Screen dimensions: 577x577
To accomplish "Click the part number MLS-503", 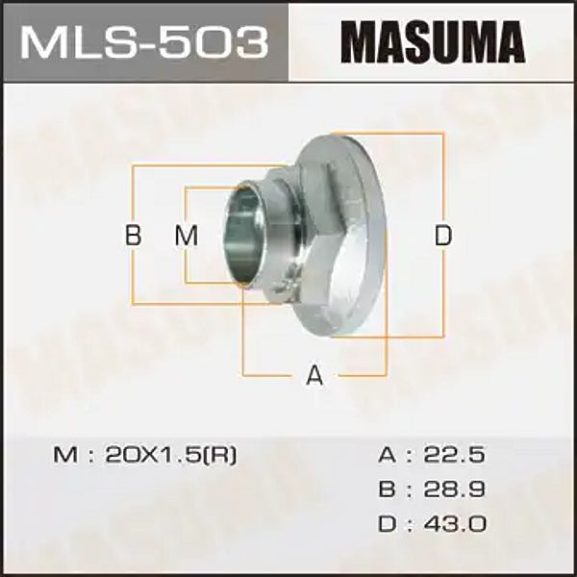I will coord(143,43).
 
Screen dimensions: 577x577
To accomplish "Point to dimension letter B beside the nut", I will coord(134,236).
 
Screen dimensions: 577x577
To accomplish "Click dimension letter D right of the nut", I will coord(442,236).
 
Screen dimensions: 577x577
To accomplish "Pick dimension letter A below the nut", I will coord(314,375).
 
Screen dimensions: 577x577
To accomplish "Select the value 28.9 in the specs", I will coord(460,489).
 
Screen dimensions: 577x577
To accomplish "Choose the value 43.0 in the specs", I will coord(460,524).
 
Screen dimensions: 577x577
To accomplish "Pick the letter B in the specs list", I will coord(386,489).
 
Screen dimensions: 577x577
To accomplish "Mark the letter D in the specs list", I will coord(386,524).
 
